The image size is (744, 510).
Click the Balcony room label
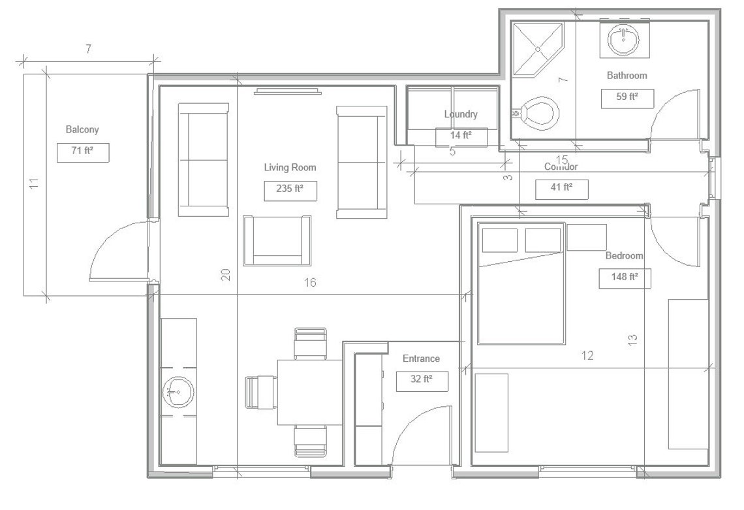82,129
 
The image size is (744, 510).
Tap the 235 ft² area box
290,191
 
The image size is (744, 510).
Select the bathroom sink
623,40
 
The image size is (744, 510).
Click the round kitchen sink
178,392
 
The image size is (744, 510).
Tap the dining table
309,392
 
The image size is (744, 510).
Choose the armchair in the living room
277,240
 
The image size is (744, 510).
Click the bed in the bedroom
521,284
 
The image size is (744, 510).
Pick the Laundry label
461,114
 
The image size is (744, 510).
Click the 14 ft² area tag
461,136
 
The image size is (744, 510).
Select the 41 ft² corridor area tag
561,189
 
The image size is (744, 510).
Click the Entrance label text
421,359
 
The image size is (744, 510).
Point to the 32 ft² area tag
422,381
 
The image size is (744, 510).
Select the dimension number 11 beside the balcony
35,183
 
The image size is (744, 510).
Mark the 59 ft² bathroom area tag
627,98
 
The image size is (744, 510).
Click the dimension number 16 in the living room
311,282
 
